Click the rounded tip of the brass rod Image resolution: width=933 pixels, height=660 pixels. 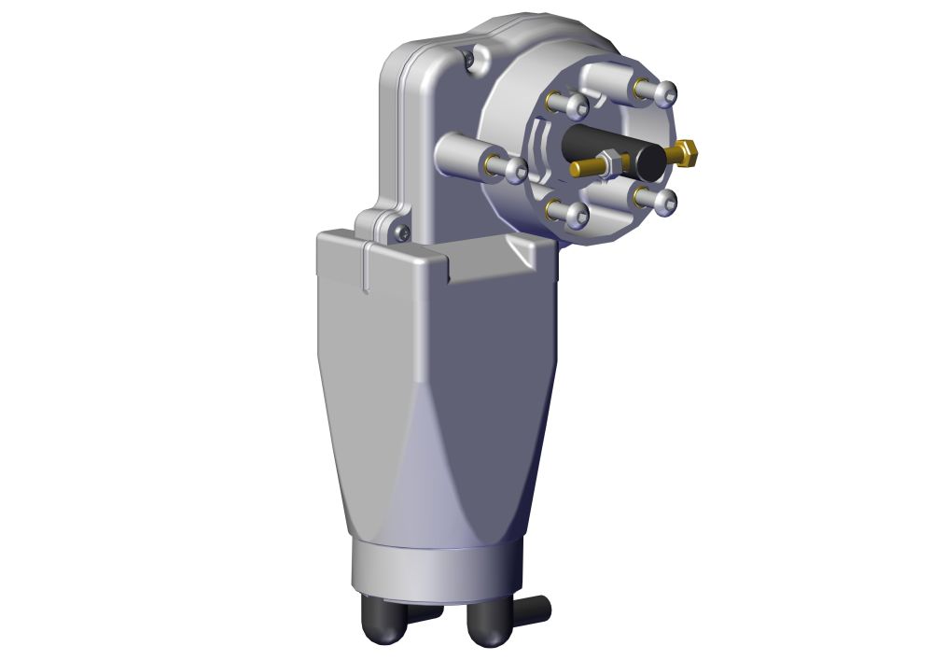575,169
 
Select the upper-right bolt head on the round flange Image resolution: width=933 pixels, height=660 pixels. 666,92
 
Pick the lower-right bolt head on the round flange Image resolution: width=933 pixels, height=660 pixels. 666,201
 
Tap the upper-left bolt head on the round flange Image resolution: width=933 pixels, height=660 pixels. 577,104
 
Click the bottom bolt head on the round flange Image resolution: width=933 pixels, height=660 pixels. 579,216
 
